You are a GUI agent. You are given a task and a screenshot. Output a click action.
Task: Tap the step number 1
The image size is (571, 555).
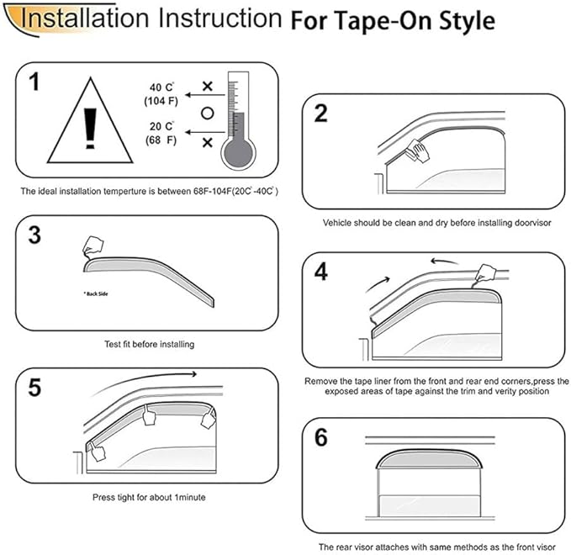pos(34,82)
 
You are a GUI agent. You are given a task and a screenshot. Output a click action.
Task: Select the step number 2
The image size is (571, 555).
pos(320,114)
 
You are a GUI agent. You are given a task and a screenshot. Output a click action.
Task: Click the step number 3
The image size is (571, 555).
pos(34,235)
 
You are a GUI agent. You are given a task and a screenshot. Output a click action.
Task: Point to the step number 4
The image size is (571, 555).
pos(320,272)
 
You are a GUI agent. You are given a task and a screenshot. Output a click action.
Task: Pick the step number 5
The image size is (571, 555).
pos(34,389)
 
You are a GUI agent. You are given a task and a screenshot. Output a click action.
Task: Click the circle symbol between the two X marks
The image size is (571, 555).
pos(204,113)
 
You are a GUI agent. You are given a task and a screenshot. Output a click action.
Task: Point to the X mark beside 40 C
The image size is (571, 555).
pos(204,87)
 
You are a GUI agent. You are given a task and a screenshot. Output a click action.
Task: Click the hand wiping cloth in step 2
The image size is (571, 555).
pos(415,153)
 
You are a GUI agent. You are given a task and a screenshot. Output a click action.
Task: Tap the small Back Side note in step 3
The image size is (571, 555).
pos(96,294)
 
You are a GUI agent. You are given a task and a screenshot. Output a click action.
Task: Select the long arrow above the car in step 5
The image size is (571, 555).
pos(147,376)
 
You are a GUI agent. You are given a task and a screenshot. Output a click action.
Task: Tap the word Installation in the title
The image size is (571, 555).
pos(79,18)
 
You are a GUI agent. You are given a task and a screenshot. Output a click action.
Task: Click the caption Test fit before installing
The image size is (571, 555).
pos(149,345)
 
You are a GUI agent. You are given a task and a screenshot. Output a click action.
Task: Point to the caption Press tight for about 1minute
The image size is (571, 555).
pos(149,497)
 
